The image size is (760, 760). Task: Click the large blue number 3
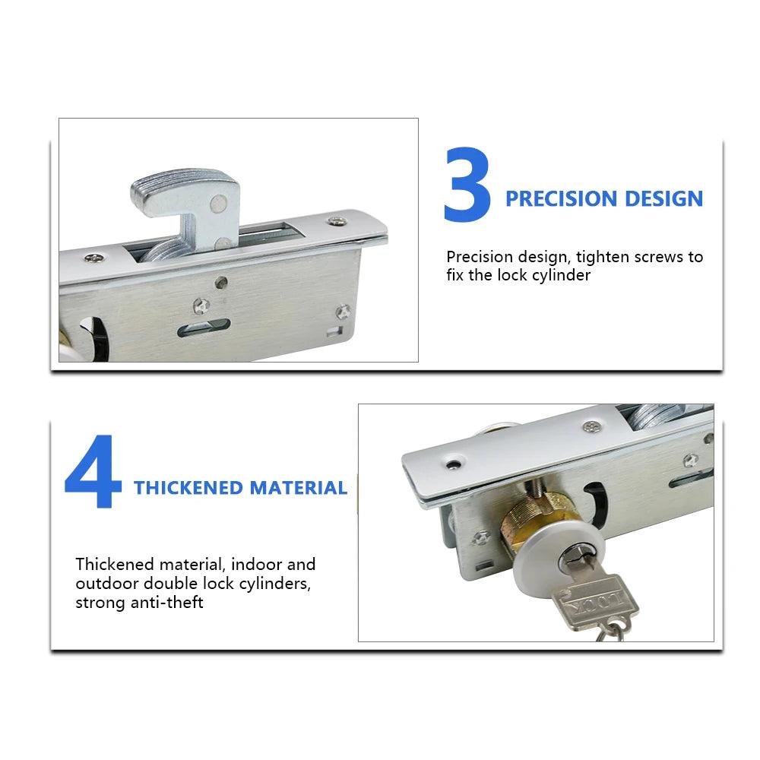click(467, 185)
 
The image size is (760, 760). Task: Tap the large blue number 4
click(93, 471)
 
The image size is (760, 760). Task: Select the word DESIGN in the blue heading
click(663, 198)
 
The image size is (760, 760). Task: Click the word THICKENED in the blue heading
click(188, 488)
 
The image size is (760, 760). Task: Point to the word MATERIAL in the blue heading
click(298, 488)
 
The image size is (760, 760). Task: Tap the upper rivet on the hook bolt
click(219, 204)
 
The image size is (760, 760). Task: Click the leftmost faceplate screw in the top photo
click(94, 258)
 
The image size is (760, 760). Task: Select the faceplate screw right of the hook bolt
click(337, 221)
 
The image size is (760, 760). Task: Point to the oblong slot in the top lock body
click(204, 328)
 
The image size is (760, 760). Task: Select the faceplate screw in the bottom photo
click(592, 426)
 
